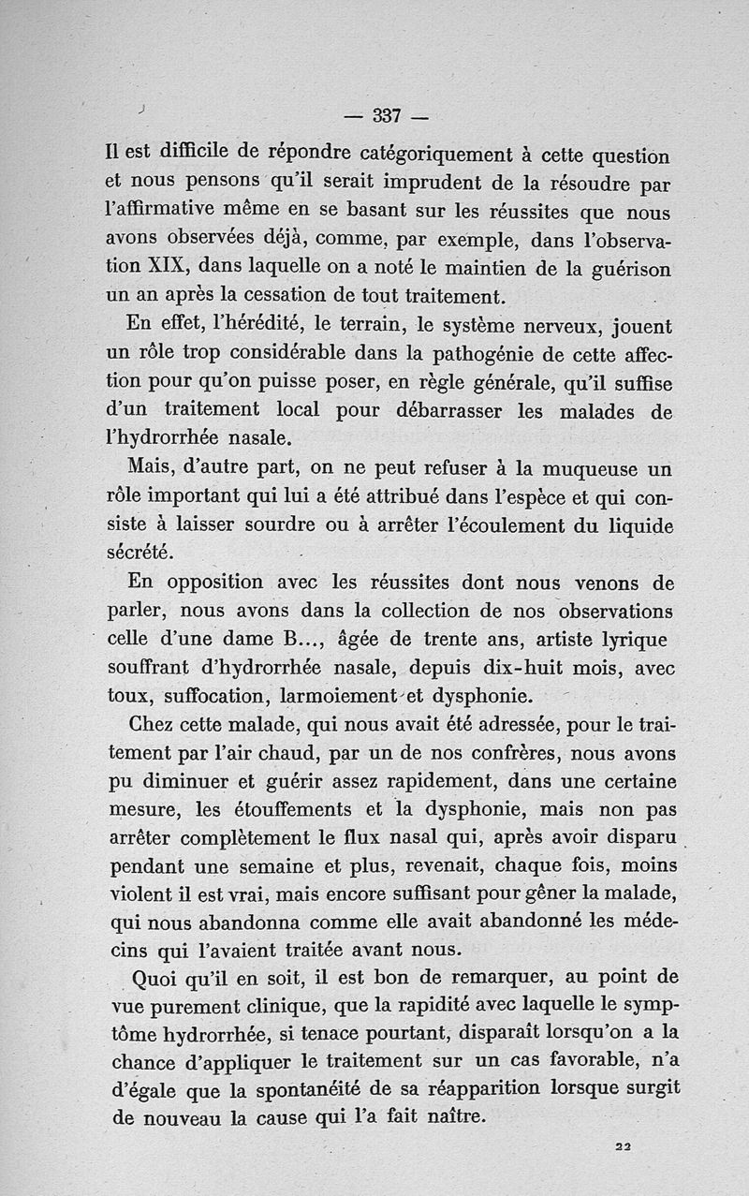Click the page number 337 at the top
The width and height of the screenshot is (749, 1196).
tap(386, 116)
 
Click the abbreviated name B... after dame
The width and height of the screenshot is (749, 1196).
tap(297, 641)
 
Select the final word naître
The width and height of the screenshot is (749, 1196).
tap(449, 1118)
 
